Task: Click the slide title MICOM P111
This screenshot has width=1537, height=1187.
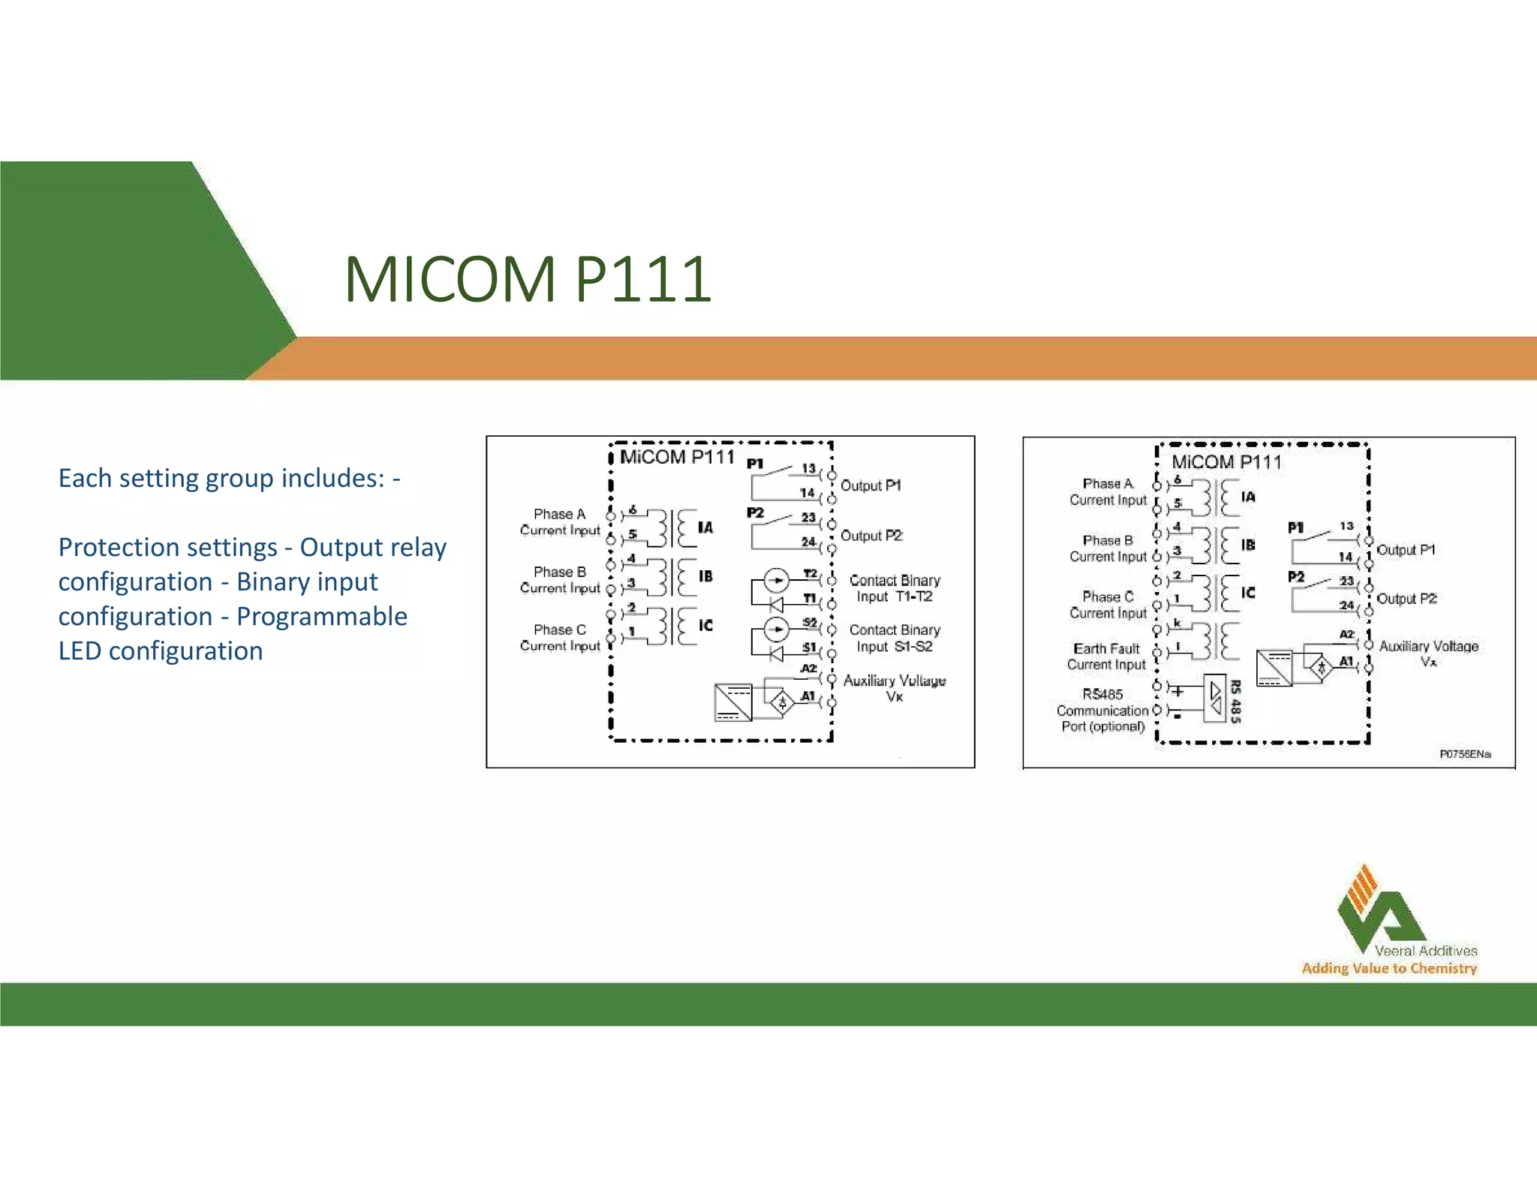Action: pos(528,279)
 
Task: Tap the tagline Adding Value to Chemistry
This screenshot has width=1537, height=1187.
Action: pos(1389,968)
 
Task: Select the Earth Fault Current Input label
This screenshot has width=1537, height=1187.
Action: pos(1106,657)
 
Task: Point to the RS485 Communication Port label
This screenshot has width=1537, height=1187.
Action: pos(1102,710)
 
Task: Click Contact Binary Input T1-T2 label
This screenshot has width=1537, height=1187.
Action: pos(894,588)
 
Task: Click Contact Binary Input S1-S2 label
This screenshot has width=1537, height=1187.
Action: pos(894,638)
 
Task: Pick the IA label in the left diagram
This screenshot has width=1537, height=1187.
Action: pos(705,527)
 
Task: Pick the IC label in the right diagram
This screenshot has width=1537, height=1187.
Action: pos(1247,593)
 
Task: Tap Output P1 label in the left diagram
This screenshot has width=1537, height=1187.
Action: pos(871,485)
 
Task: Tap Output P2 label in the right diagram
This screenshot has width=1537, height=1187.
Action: pos(1406,599)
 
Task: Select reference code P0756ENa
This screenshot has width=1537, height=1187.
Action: pos(1464,753)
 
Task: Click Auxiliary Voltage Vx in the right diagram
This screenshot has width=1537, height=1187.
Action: pos(1428,653)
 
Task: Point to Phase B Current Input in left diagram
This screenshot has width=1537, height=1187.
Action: pos(560,580)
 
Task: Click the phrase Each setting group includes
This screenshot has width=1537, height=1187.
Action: pos(221,478)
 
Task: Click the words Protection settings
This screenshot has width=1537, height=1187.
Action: pos(167,547)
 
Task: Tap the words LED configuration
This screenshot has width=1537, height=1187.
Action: pos(161,651)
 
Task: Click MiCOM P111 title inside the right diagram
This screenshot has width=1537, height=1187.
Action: pos(1226,462)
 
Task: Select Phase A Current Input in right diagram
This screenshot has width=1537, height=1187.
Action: pos(1108,491)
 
